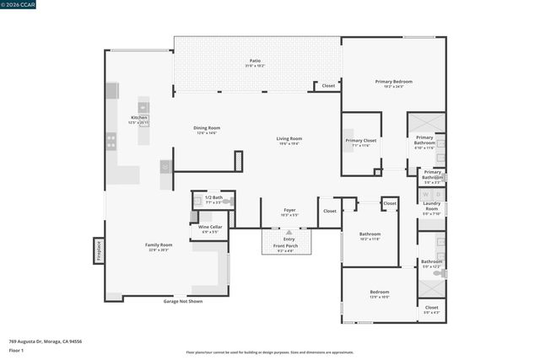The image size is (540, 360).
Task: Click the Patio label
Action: [255, 61]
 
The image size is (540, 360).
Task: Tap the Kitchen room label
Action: [138, 117]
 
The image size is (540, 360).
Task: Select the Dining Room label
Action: [207, 128]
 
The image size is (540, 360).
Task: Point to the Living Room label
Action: [289, 138]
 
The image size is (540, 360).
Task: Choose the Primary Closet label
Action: [361, 141]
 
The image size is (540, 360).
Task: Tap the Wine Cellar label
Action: [210, 227]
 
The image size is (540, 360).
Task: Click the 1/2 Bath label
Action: [213, 197]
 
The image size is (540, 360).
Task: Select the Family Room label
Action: [159, 245]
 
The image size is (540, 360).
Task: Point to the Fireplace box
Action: [98, 251]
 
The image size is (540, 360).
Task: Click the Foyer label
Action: [289, 210]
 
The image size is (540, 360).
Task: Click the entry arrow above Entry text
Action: [289, 231]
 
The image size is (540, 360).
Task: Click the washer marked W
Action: [426, 195]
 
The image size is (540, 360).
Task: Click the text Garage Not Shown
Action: [183, 301]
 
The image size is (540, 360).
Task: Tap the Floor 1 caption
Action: [16, 350]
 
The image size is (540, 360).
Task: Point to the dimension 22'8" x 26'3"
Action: [159, 250]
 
